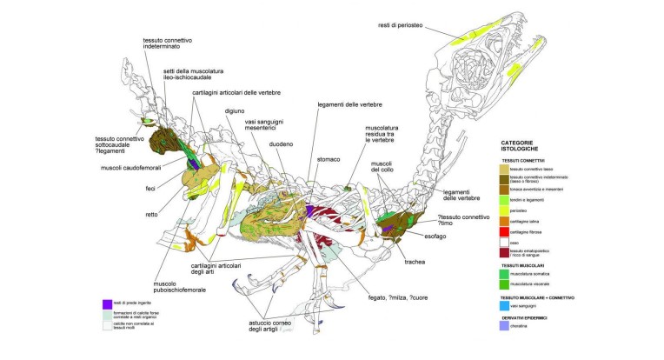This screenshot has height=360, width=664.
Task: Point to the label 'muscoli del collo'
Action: coord(382,167)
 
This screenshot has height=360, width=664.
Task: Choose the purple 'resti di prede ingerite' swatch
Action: coord(107,303)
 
